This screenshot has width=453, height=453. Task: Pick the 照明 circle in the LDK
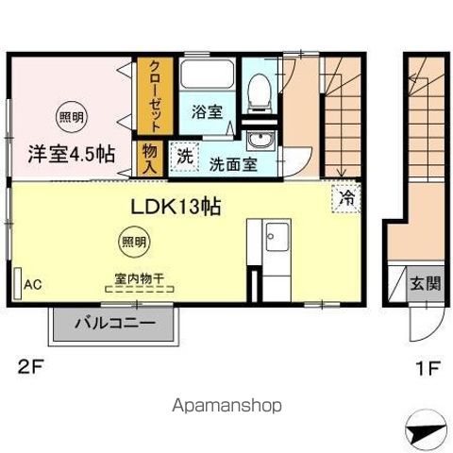click(x=133, y=242)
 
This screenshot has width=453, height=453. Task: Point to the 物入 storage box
click(x=150, y=156)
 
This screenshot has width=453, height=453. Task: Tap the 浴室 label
click(x=206, y=111)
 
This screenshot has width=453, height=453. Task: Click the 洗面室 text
click(x=232, y=162)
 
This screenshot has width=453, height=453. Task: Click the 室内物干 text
click(x=139, y=278)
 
